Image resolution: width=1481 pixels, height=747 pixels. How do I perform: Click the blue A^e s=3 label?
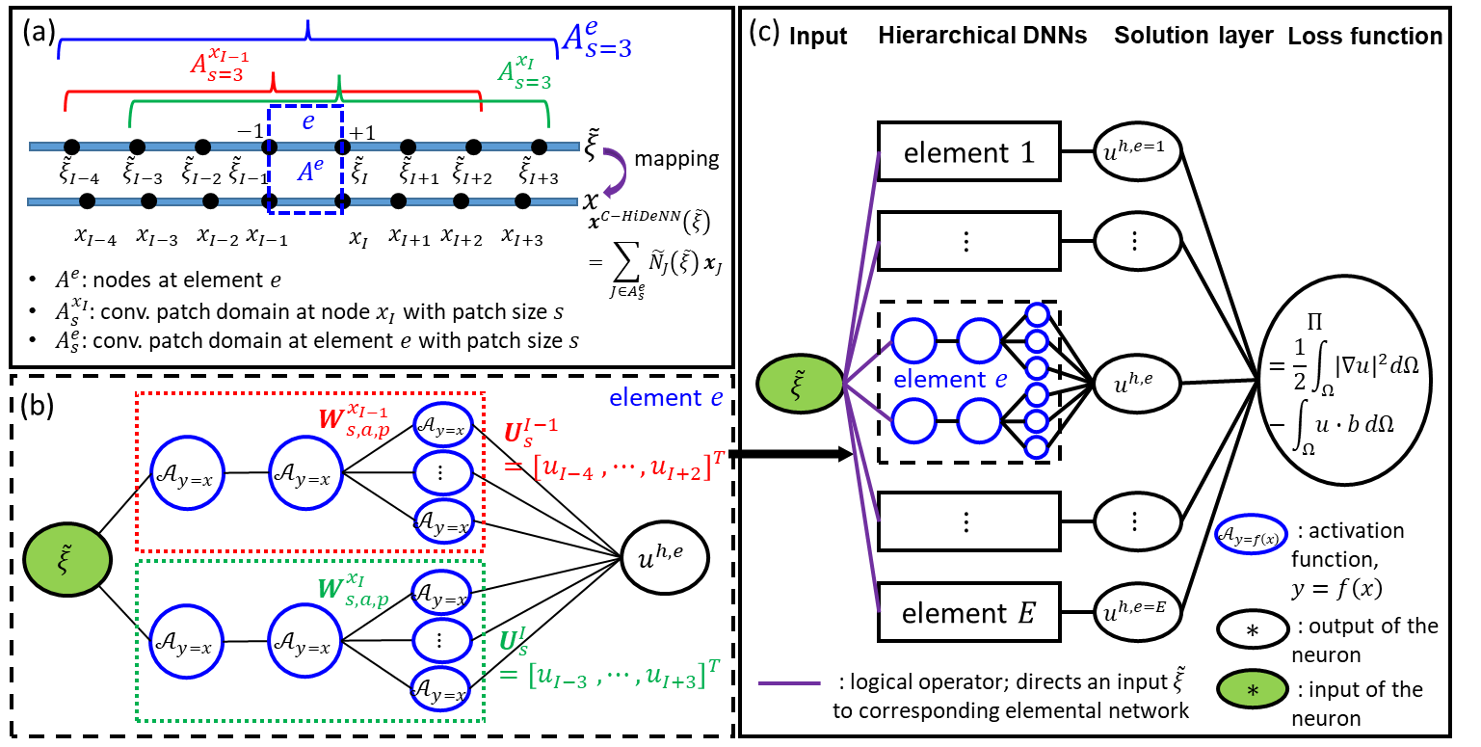(596, 40)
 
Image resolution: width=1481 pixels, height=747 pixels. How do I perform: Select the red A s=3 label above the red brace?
(219, 66)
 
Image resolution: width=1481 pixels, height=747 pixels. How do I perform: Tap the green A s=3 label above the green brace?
(525, 73)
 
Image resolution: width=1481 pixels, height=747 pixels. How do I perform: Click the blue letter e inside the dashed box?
(308, 121)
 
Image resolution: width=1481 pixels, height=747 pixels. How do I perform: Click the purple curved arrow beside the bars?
(615, 173)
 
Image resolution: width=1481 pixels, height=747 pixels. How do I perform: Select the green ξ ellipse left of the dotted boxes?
(67, 559)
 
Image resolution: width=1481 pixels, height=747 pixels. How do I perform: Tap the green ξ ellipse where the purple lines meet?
(800, 384)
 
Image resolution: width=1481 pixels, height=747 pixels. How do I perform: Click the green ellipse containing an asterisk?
(1252, 689)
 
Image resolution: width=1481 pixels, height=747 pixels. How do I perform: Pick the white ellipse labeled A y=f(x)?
(1250, 535)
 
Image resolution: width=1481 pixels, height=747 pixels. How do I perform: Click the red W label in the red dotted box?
(354, 421)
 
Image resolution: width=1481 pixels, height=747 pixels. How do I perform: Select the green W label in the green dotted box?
(353, 590)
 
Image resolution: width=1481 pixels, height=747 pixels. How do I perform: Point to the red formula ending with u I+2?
(613, 468)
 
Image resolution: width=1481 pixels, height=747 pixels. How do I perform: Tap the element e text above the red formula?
(666, 398)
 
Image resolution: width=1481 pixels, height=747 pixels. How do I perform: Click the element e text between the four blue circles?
(949, 380)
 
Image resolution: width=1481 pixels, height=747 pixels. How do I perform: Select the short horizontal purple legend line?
(789, 683)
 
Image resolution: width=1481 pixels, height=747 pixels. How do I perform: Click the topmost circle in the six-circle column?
(1037, 315)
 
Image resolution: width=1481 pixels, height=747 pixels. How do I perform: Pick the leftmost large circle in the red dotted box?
(187, 472)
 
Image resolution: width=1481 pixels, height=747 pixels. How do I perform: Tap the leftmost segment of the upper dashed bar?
(45, 147)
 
